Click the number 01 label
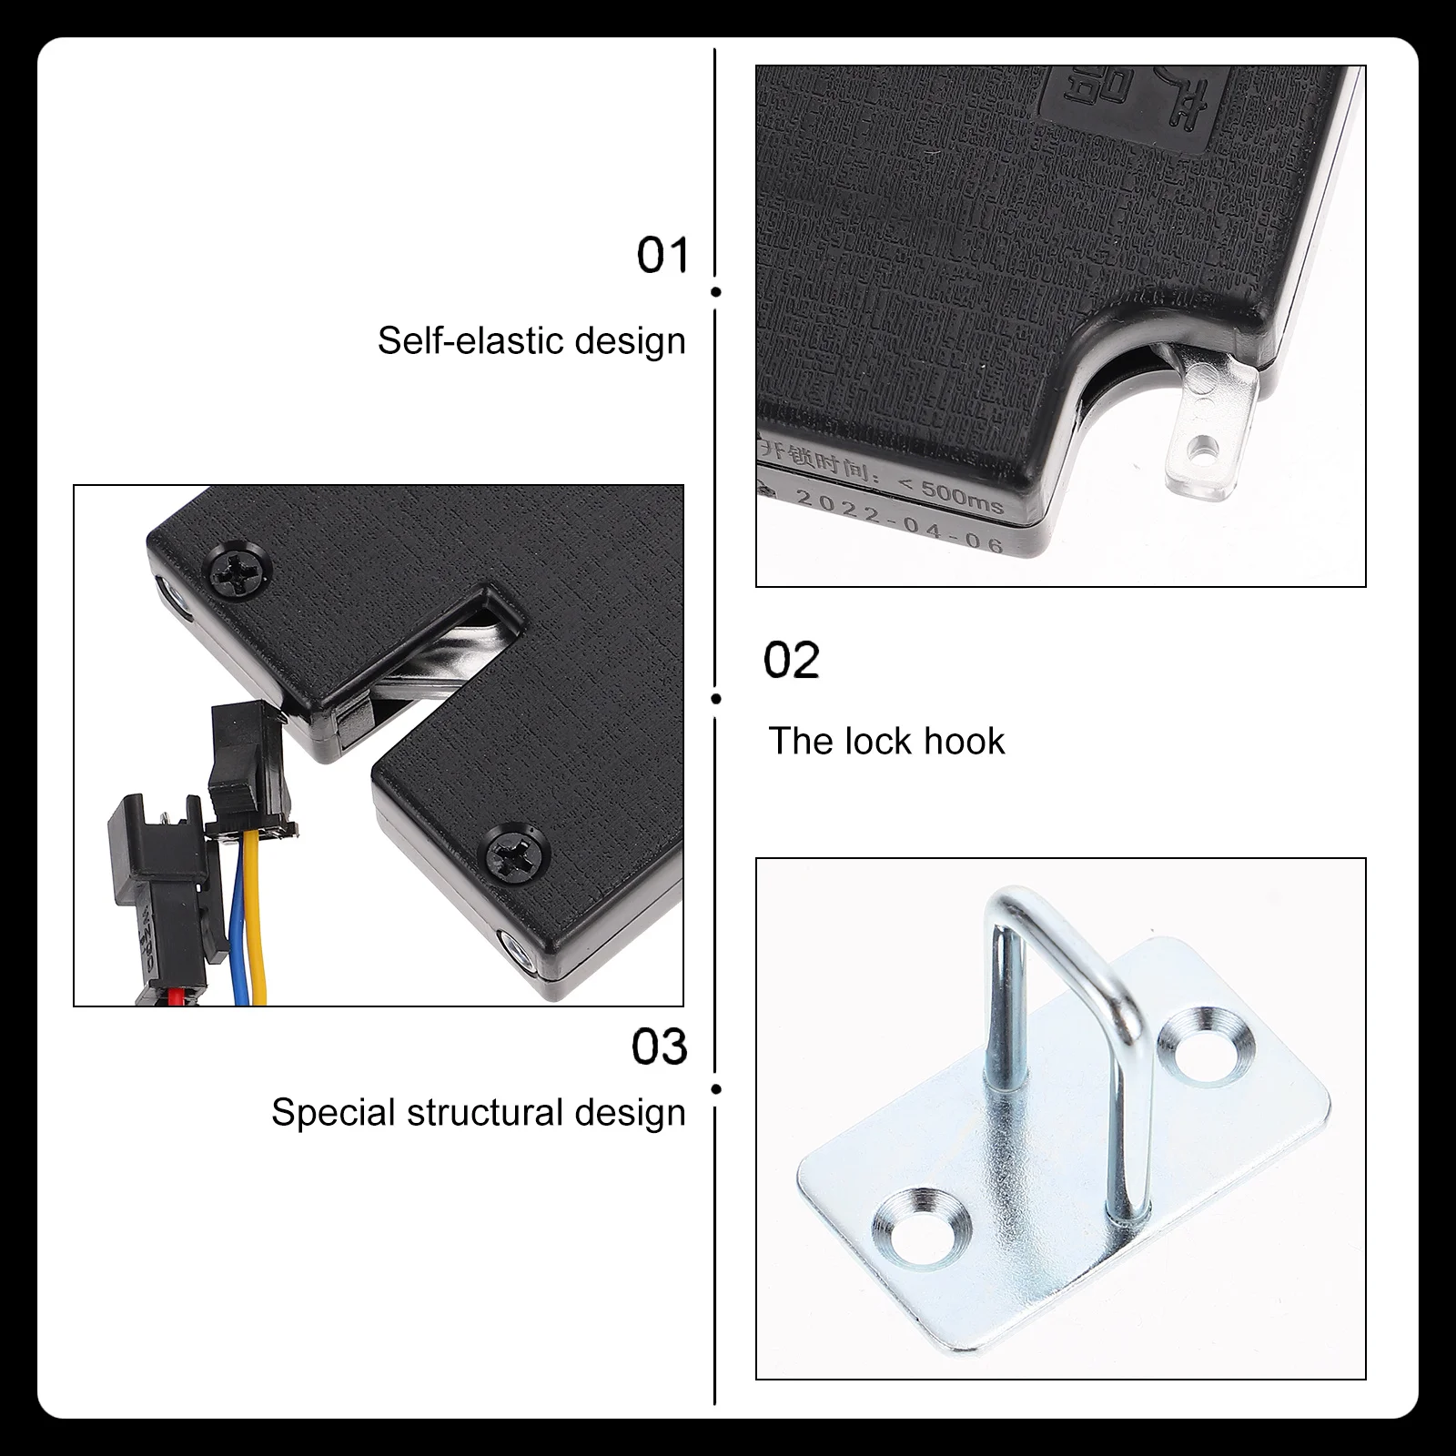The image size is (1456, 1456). (x=662, y=256)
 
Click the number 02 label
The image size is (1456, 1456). (x=791, y=661)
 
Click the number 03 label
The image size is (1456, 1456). (x=659, y=1047)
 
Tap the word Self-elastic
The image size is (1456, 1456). (x=468, y=341)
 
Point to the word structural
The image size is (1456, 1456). (x=482, y=1113)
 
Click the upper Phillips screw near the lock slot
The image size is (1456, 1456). (x=240, y=573)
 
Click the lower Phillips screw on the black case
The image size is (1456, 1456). (x=518, y=853)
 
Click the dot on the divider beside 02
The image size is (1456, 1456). (x=716, y=699)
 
